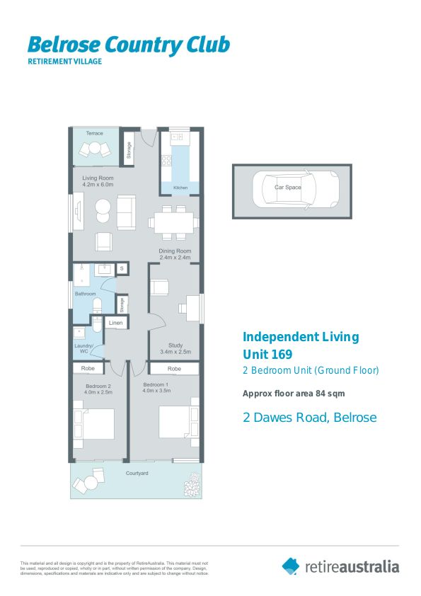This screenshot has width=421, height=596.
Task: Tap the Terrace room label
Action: (94, 133)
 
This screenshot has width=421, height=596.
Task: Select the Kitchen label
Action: (180, 188)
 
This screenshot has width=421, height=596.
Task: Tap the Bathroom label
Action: (86, 293)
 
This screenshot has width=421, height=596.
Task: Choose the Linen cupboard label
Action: (115, 323)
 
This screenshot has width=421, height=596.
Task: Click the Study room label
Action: (175, 345)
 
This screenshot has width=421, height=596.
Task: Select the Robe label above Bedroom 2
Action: (88, 369)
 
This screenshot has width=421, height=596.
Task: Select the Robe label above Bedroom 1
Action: (174, 369)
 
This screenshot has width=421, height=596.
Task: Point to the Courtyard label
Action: (136, 472)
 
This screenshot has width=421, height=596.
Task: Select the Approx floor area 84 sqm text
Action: (294, 394)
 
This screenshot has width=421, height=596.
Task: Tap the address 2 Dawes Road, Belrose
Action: (309, 418)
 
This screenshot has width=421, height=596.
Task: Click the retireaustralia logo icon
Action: (291, 566)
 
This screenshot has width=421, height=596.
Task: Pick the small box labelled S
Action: (122, 268)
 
